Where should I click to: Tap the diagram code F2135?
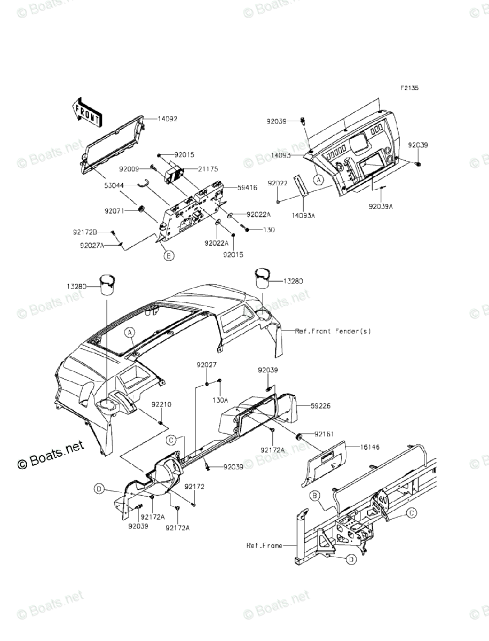pos(411,89)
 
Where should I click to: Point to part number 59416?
pos(234,189)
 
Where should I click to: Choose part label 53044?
pos(115,185)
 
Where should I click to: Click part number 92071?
pos(115,211)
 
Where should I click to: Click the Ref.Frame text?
pos(264,545)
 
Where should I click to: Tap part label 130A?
pos(219,400)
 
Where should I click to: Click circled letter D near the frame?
pos(350,559)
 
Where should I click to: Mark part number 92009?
pos(129,169)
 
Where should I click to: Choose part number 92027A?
pos(92,245)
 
